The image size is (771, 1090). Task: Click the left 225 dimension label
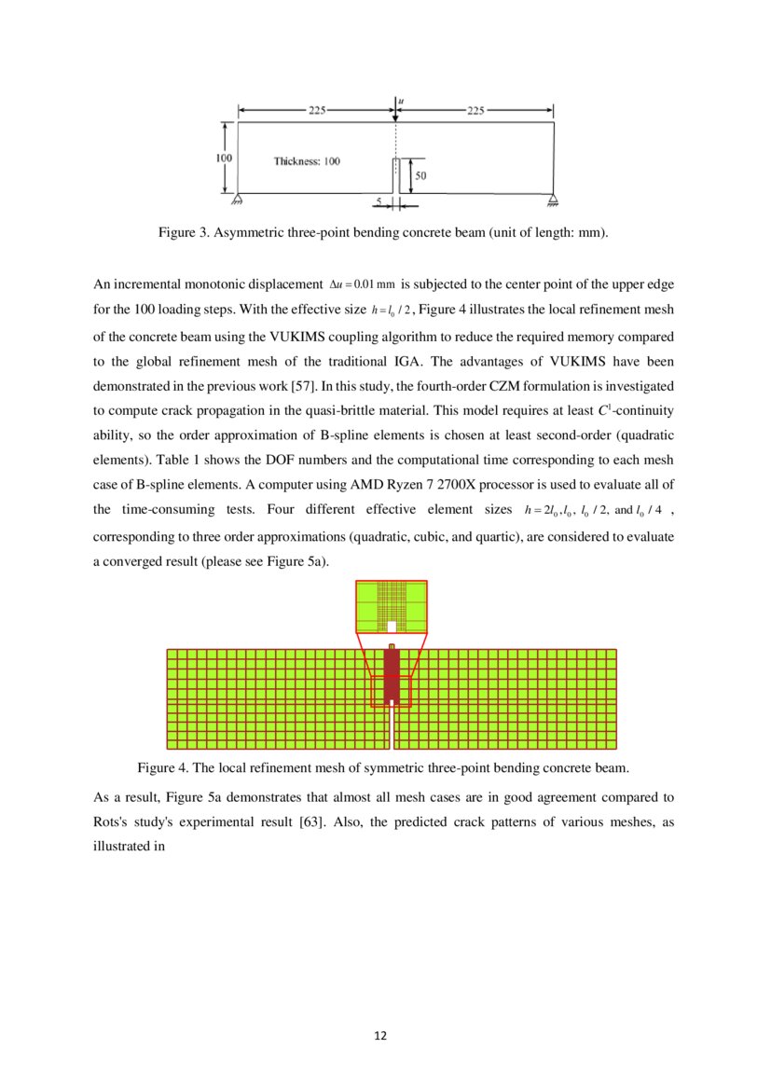pyautogui.click(x=317, y=109)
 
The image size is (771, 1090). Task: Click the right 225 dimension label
pyautogui.click(x=475, y=109)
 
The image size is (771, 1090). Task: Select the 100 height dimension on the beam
pyautogui.click(x=224, y=159)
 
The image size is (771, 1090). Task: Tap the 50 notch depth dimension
pyautogui.click(x=420, y=174)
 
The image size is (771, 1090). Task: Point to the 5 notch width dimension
pyautogui.click(x=379, y=200)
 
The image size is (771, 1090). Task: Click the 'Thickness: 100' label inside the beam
pyautogui.click(x=307, y=161)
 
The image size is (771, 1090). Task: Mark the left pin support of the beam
pyautogui.click(x=238, y=198)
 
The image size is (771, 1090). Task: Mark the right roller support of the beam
pyautogui.click(x=554, y=198)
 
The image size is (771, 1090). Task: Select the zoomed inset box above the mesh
pyautogui.click(x=392, y=607)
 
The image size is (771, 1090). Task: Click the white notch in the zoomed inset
pyautogui.click(x=392, y=627)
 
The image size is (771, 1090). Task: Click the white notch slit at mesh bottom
pyautogui.click(x=392, y=732)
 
